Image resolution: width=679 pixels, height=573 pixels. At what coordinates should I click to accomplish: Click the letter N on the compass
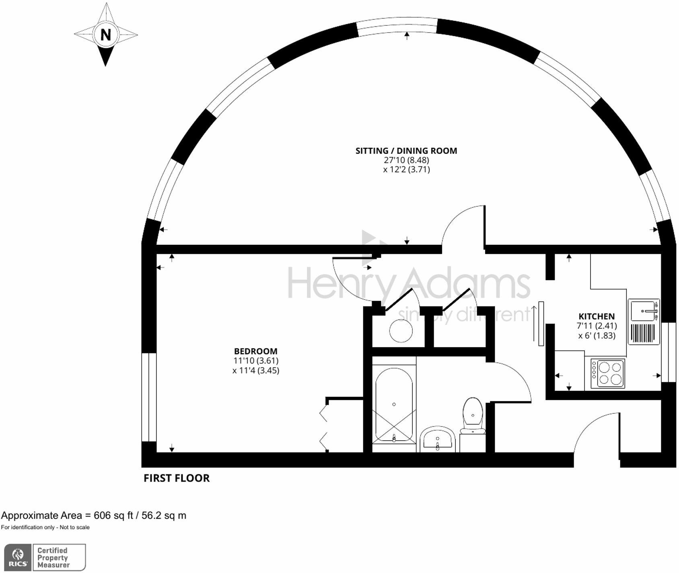coord(105,35)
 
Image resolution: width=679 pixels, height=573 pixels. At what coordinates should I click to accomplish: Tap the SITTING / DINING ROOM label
coord(406,151)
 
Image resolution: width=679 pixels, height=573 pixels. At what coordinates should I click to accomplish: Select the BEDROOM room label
coord(256,351)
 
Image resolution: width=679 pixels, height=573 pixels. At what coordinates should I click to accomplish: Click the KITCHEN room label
coord(597,316)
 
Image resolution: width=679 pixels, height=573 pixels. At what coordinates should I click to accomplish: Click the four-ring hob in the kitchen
coord(608,373)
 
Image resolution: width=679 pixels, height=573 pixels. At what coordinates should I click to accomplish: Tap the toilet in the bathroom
coord(473,414)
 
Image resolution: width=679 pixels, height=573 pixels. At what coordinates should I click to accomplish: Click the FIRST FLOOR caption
coord(177,478)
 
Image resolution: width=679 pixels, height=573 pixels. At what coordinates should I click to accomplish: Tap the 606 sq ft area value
coord(113,515)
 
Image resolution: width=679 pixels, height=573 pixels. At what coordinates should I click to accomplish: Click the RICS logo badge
coord(18,557)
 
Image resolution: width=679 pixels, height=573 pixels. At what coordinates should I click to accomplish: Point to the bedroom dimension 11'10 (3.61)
coord(256,361)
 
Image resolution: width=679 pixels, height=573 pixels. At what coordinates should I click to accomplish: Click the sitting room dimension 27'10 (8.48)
coord(406,160)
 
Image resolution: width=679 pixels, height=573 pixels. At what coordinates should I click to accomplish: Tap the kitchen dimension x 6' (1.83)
coord(597,336)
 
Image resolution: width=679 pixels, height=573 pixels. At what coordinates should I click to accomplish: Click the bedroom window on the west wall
coord(149,397)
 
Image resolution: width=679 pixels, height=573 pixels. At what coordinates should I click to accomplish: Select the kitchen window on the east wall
coord(668,352)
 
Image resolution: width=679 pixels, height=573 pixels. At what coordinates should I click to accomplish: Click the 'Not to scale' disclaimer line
coord(45,528)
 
